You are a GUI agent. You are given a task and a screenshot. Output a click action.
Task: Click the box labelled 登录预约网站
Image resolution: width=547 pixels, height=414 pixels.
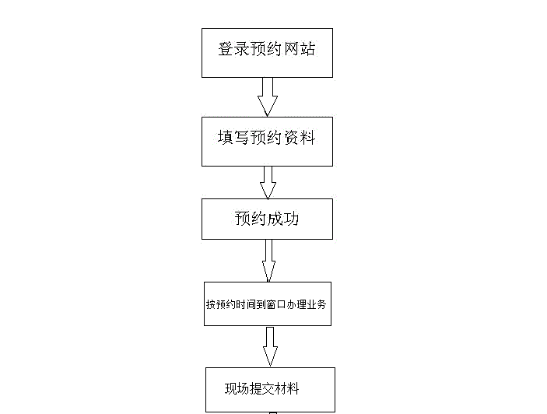point(267,52)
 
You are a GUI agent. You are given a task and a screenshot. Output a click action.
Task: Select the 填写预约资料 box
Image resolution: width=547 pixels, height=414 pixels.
point(267,141)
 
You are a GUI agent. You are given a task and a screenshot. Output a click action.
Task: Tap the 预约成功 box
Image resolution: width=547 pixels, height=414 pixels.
point(267,219)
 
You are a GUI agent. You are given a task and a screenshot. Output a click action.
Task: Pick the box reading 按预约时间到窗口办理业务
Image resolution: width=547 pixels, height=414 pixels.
point(268,303)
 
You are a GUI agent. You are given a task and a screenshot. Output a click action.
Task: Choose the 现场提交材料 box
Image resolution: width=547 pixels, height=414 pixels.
point(270,390)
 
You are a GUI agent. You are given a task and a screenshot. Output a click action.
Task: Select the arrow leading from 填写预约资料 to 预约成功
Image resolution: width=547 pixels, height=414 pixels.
point(268,182)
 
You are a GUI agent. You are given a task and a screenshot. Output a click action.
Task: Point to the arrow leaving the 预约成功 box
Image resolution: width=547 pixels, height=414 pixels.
point(268,261)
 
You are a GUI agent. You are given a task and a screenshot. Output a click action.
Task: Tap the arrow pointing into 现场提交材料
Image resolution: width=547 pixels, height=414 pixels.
point(270,346)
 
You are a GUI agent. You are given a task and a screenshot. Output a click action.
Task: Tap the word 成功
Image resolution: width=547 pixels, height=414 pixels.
point(283,219)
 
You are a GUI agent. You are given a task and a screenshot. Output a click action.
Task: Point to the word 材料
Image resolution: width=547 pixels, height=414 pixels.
point(287,389)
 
